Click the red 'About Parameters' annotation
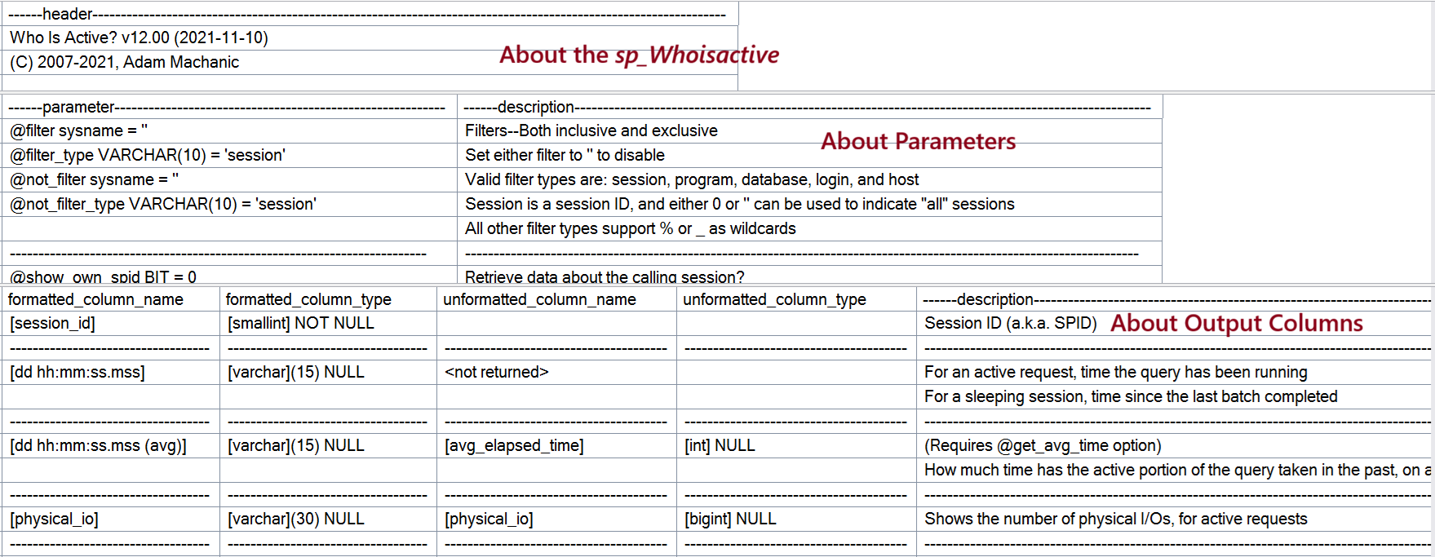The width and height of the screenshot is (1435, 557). (919, 141)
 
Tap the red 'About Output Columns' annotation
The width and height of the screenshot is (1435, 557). (1237, 323)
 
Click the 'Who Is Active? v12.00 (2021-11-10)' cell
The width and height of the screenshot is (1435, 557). (139, 38)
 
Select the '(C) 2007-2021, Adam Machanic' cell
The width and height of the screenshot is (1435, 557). (124, 62)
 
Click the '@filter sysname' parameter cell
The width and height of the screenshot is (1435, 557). (78, 130)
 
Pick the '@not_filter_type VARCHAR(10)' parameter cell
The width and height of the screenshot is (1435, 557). (163, 204)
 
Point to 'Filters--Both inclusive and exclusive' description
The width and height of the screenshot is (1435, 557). (591, 130)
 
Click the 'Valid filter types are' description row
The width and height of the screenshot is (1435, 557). (692, 179)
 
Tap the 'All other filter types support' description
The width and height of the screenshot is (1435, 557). (631, 228)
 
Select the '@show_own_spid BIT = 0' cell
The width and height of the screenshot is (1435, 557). (103, 276)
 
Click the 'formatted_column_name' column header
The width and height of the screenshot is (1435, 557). (95, 299)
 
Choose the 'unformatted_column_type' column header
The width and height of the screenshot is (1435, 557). (774, 299)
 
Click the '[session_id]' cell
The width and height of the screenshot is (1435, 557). (52, 323)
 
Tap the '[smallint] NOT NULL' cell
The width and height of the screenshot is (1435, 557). (301, 323)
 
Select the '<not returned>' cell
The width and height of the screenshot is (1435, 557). (497, 372)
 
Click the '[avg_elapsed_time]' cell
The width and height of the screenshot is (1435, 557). (514, 445)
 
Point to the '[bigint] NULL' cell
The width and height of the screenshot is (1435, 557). (730, 519)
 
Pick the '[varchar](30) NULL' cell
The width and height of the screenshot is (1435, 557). (296, 519)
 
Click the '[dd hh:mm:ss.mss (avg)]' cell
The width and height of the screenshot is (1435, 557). (98, 445)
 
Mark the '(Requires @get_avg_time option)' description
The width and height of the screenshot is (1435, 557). (1043, 445)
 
